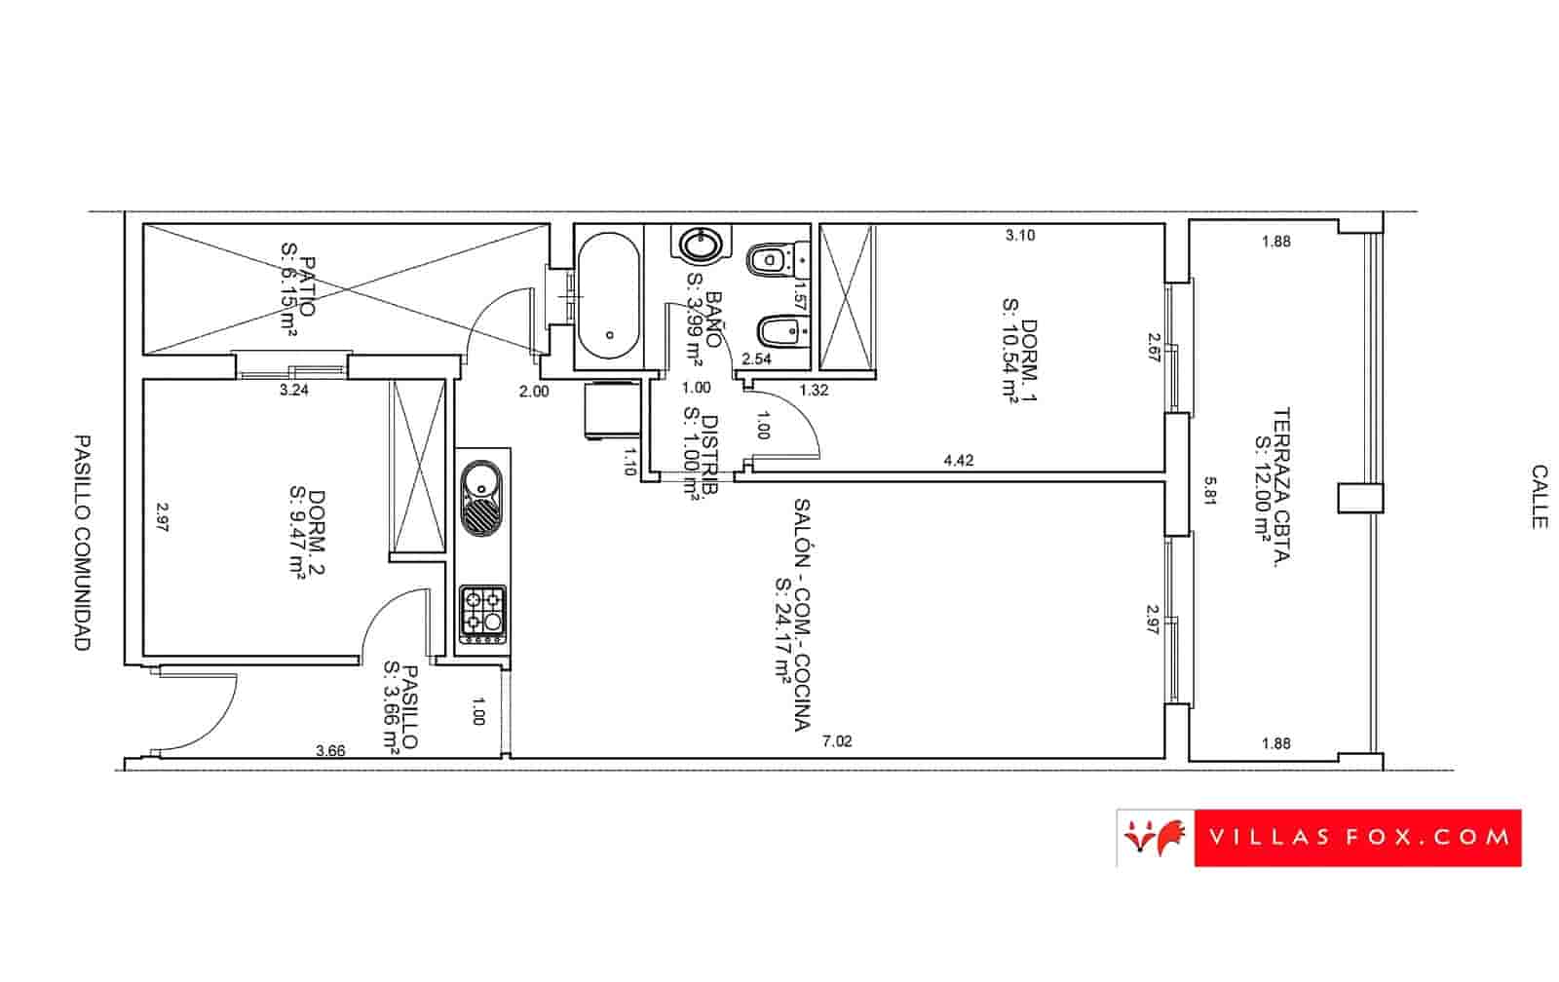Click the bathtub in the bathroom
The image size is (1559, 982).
pyautogui.click(x=608, y=296)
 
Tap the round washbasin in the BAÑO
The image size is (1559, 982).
pyautogui.click(x=700, y=245)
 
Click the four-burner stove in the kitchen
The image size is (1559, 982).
pyautogui.click(x=482, y=614)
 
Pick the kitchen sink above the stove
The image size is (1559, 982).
pyautogui.click(x=481, y=498)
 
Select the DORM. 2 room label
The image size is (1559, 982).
pyautogui.click(x=307, y=533)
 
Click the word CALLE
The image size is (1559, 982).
pyautogui.click(x=1540, y=496)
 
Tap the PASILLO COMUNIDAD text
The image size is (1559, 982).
pyautogui.click(x=82, y=543)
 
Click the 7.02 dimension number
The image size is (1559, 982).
pyautogui.click(x=837, y=741)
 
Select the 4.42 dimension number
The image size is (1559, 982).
pyautogui.click(x=959, y=460)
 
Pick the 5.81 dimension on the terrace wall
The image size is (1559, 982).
pyautogui.click(x=1210, y=491)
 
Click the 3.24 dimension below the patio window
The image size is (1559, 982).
pyautogui.click(x=293, y=390)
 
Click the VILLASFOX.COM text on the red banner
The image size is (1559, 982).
pyautogui.click(x=1359, y=837)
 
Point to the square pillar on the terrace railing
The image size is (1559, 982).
pyautogui.click(x=1360, y=499)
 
